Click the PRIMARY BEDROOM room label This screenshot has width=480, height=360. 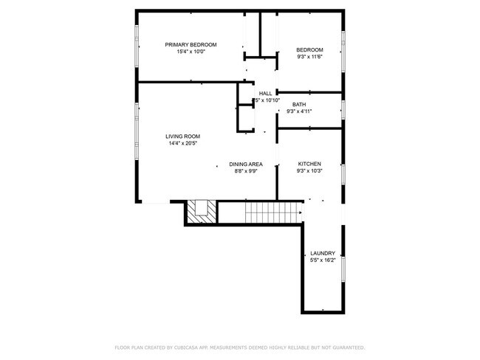coord(191,44)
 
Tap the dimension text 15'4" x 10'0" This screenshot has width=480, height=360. coord(191,52)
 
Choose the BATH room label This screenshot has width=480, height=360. coord(299,105)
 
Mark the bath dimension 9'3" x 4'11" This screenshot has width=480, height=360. coord(299,112)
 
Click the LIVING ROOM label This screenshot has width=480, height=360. coord(182,136)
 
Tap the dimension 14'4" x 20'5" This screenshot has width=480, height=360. coord(182,144)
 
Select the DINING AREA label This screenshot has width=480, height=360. coord(246,164)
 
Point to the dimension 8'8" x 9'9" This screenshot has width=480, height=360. coord(246,171)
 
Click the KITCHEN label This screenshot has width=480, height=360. coord(309,164)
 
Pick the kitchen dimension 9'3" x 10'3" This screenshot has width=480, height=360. coord(309,171)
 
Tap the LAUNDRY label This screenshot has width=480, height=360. coord(323,252)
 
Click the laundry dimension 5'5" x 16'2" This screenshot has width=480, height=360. coord(323,260)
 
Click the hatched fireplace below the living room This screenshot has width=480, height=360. coord(201,213)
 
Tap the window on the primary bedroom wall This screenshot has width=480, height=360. coord(137,48)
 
